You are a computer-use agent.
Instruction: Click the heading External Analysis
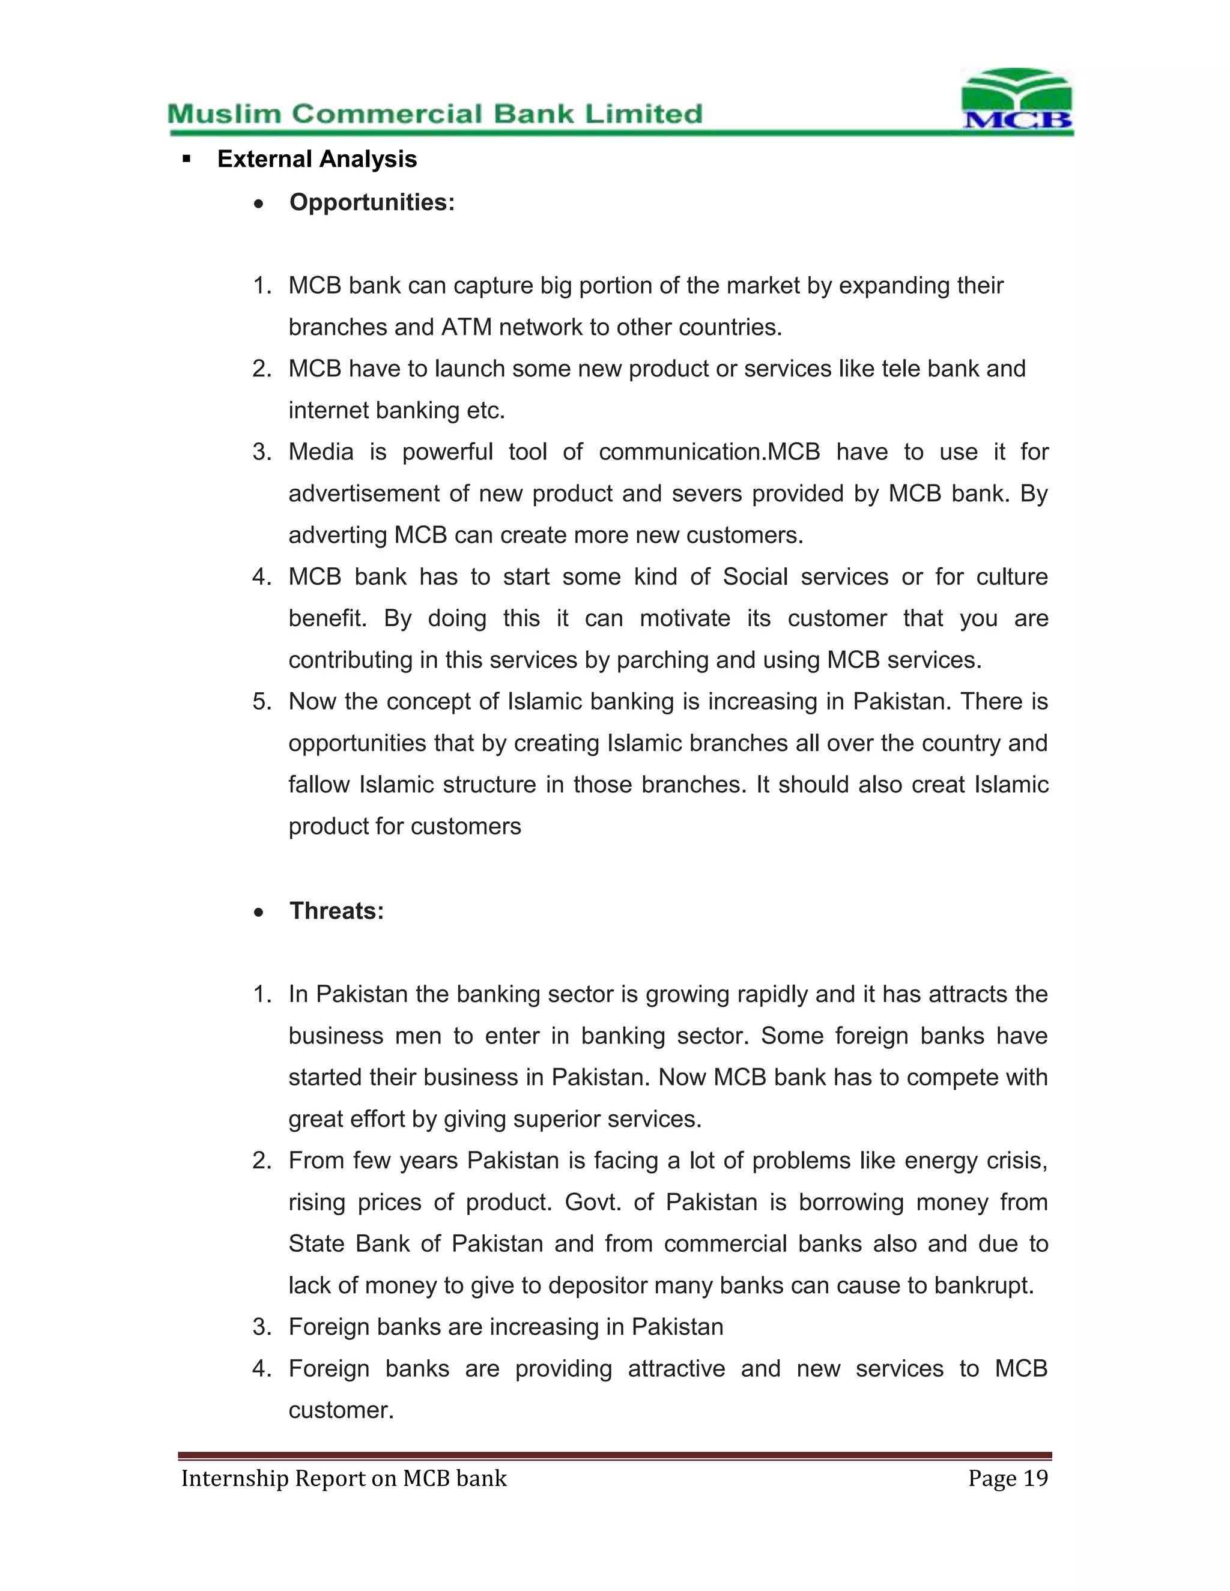317,159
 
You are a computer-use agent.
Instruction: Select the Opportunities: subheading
372,202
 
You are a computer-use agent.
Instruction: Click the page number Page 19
1007,1478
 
